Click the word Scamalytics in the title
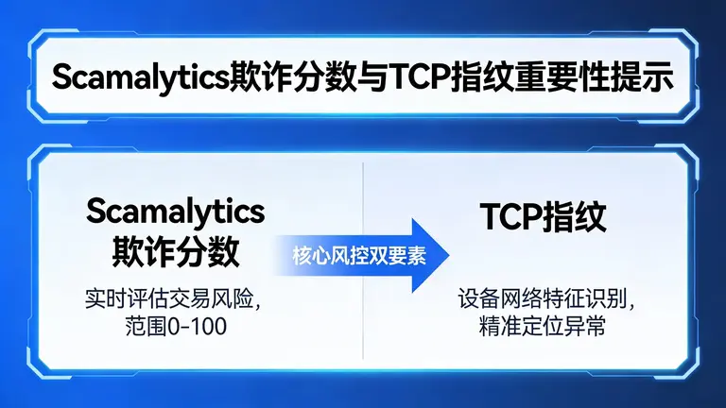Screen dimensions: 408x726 coord(140,78)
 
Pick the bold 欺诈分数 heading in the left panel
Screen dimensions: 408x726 coord(175,251)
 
